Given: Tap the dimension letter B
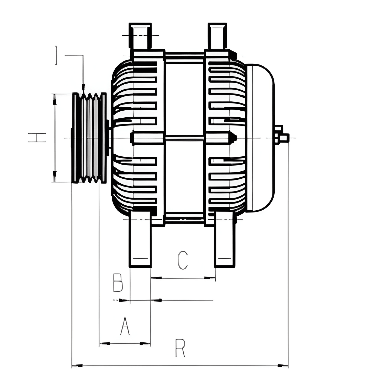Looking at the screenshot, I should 118,283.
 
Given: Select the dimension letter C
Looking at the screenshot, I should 183,260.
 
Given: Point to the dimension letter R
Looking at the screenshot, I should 180,348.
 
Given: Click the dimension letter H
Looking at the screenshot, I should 37,138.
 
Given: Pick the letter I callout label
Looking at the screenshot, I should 56,55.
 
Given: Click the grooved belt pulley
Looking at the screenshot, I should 89,138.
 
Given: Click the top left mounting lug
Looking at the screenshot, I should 140,36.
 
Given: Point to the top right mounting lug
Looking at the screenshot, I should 217,36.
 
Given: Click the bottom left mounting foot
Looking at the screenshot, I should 140,240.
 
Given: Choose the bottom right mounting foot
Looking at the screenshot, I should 225,240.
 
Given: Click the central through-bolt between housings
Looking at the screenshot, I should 184,138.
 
